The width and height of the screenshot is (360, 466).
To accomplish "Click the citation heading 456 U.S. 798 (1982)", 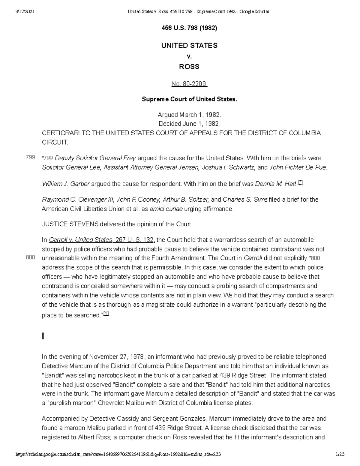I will (x=189, y=28).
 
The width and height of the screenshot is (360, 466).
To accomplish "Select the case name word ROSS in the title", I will (x=189, y=67).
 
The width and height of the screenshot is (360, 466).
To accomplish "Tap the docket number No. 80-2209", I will (x=189, y=84).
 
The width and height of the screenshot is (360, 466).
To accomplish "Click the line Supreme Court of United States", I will (x=189, y=99).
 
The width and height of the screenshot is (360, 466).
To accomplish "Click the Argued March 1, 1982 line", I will (x=189, y=115).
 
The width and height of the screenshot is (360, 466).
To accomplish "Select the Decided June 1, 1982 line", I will (x=189, y=124).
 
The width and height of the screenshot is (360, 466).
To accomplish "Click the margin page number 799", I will (x=30, y=157).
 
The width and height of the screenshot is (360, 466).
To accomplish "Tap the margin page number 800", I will (x=30, y=257).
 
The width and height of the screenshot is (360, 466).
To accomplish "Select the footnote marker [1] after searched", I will (x=106, y=314).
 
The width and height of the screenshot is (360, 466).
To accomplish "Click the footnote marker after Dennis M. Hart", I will (x=301, y=183).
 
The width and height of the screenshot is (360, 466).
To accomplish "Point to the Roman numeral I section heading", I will (x=43, y=336).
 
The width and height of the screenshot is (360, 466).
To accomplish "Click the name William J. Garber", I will (x=66, y=184).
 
